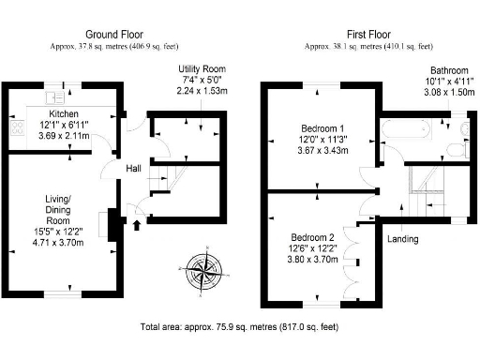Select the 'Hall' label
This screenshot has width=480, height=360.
pos(134,169)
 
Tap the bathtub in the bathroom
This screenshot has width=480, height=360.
pos(405,131)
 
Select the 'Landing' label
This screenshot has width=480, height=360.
pos(402,238)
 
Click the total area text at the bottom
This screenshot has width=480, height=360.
pos(238,328)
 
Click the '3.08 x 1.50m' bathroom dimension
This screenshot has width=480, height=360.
pos(440,94)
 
